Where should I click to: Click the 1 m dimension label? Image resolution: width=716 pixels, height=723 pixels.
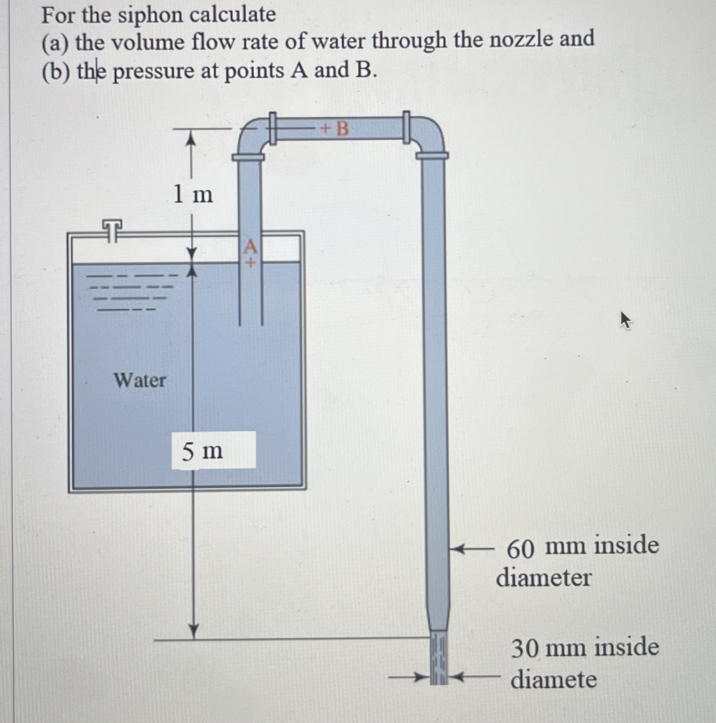pyautogui.click(x=193, y=194)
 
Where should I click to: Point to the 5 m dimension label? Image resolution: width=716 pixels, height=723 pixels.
pyautogui.click(x=202, y=451)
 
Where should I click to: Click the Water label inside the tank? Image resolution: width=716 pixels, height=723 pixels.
pyautogui.click(x=140, y=381)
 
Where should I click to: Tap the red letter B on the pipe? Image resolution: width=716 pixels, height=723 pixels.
pyautogui.click(x=342, y=129)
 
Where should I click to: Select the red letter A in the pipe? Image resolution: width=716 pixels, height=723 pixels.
pyautogui.click(x=250, y=246)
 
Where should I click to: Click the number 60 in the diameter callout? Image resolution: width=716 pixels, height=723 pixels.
pyautogui.click(x=520, y=550)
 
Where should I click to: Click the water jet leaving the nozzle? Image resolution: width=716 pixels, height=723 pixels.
pyautogui.click(x=439, y=658)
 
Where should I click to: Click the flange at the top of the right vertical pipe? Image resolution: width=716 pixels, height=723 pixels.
pyautogui.click(x=432, y=156)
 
